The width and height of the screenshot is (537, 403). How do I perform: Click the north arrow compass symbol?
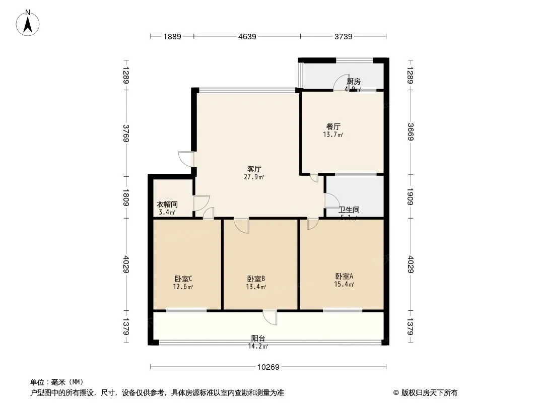point(28,22)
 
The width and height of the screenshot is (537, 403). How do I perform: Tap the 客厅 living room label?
point(254,169)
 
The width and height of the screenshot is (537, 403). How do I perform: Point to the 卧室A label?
point(345,276)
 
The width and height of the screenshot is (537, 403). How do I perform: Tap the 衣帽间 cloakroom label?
point(167,205)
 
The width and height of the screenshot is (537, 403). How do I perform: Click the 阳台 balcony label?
point(258,339)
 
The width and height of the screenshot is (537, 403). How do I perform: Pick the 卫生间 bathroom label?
point(349,210)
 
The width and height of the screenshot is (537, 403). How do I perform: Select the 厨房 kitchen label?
point(354,81)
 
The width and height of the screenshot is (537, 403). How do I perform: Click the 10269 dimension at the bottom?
point(268,367)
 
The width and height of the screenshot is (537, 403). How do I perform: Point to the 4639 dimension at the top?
point(247,36)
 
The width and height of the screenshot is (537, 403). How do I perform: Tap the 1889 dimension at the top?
point(172,36)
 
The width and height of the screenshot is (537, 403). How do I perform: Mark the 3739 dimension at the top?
point(344,36)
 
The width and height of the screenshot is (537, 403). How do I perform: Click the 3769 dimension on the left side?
point(126,133)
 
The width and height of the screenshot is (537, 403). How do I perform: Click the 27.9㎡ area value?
point(255,177)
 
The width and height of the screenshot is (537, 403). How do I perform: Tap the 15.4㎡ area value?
point(345,285)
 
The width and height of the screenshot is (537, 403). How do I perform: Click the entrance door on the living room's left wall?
point(186,159)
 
